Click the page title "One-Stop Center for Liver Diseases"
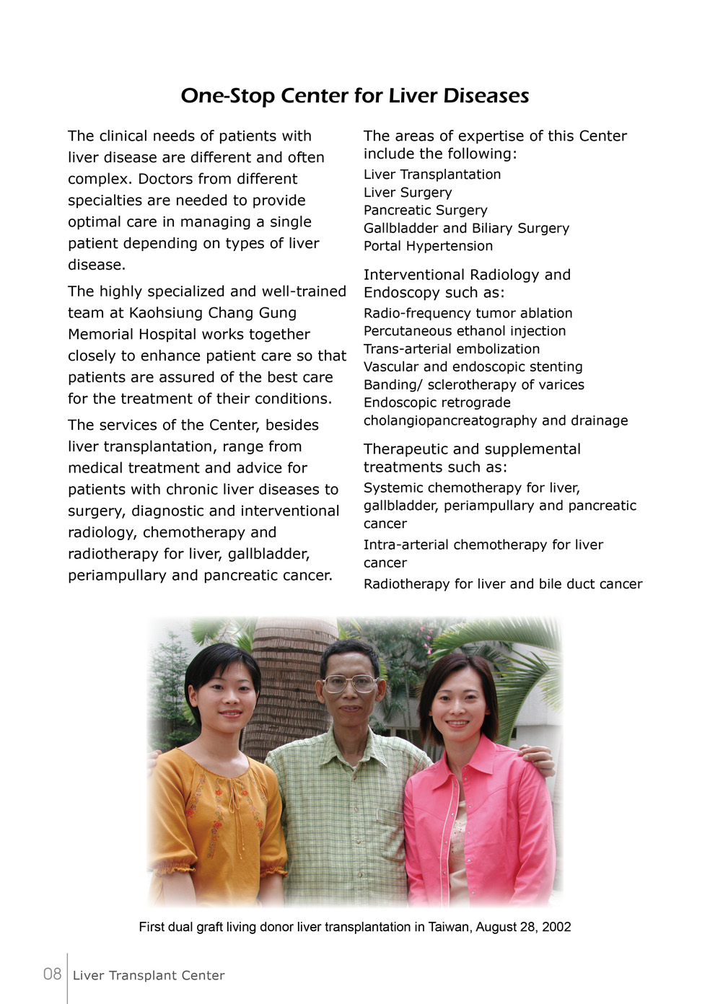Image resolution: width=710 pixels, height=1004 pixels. coord(354,96)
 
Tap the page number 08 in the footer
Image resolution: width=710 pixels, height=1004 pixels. coord(52,974)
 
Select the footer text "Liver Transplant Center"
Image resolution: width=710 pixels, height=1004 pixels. coord(149,976)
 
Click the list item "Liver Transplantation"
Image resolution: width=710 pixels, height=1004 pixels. coord(431,175)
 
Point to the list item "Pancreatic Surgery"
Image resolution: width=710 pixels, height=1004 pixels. coord(425,211)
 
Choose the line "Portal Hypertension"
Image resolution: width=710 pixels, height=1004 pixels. coord(428,246)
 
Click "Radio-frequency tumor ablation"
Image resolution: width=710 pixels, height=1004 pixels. coord(468,313)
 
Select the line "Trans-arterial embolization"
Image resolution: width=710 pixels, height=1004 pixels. coord(451,349)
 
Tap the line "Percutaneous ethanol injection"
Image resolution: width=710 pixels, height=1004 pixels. coord(464,331)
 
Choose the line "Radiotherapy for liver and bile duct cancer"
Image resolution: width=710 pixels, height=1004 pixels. coord(502,584)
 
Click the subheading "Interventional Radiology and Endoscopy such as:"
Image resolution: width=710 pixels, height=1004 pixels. coord(466,283)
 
